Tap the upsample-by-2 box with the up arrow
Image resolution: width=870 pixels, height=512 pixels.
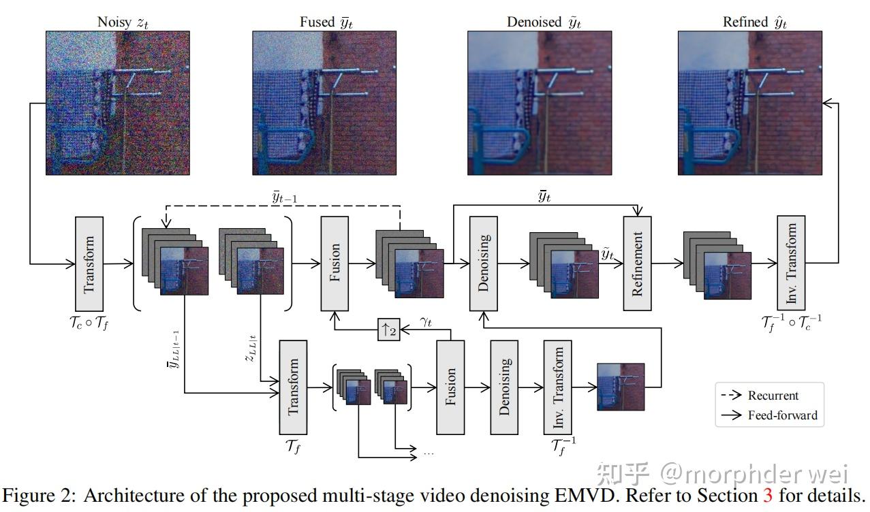389,330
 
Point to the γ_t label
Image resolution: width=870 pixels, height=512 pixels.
426,322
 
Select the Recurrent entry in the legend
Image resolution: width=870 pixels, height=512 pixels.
773,396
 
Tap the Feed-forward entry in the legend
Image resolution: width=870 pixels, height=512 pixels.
782,415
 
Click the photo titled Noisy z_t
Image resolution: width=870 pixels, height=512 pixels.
97,103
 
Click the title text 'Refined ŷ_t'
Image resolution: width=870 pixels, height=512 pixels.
754,22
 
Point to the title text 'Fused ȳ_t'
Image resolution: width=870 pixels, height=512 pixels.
326,22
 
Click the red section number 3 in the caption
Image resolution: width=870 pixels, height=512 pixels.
768,494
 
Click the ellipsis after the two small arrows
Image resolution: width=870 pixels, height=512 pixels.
429,452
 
